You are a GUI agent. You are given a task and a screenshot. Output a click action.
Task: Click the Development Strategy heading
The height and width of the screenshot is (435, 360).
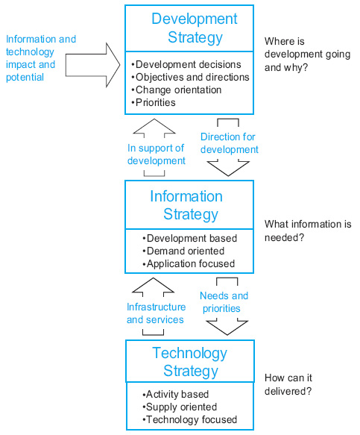pyautogui.click(x=195, y=28)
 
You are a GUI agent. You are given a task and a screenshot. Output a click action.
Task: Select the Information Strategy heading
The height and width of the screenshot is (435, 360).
pyautogui.click(x=186, y=205)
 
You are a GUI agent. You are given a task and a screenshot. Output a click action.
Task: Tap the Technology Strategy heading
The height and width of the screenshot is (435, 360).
pyautogui.click(x=190, y=362)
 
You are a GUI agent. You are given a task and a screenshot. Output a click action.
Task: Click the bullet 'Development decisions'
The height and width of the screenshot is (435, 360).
pyautogui.click(x=186, y=64)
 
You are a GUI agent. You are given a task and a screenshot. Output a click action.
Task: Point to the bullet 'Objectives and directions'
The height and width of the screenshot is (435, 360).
pyautogui.click(x=190, y=77)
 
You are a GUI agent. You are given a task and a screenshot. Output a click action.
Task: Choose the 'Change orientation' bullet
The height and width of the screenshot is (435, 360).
pyautogui.click(x=176, y=90)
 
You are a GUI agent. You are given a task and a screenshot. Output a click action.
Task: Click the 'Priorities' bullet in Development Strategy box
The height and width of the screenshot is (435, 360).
pyautogui.click(x=154, y=103)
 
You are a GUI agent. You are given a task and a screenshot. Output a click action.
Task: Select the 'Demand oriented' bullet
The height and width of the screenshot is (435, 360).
pyautogui.click(x=183, y=251)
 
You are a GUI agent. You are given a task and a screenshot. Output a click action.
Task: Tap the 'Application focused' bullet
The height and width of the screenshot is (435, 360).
pyautogui.click(x=189, y=264)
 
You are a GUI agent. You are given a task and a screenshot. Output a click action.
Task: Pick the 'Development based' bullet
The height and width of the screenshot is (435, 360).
pyautogui.click(x=189, y=238)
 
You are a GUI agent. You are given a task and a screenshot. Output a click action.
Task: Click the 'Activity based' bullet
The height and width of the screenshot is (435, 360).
pyautogui.click(x=175, y=394)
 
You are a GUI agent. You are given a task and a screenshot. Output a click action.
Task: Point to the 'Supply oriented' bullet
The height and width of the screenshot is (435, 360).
pyautogui.click(x=180, y=407)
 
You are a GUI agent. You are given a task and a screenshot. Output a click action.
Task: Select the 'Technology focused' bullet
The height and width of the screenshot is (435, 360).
pyautogui.click(x=189, y=420)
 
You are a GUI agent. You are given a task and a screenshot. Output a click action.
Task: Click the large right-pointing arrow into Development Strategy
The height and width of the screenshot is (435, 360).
pyautogui.click(x=92, y=65)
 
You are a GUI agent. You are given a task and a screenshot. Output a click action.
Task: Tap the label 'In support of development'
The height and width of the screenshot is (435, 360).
pyautogui.click(x=157, y=154)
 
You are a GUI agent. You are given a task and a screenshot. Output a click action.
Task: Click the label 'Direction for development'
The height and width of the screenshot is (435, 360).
pyautogui.click(x=229, y=143)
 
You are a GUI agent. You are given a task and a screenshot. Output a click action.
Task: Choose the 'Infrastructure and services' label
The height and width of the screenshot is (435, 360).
pyautogui.click(x=156, y=313)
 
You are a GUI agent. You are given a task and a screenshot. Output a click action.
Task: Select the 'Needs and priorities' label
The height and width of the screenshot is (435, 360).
pyautogui.click(x=224, y=302)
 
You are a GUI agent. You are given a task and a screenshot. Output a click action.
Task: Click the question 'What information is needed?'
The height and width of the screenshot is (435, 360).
pyautogui.click(x=308, y=231)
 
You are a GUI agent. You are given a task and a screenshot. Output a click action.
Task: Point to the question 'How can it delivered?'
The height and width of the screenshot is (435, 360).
pyautogui.click(x=288, y=384)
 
